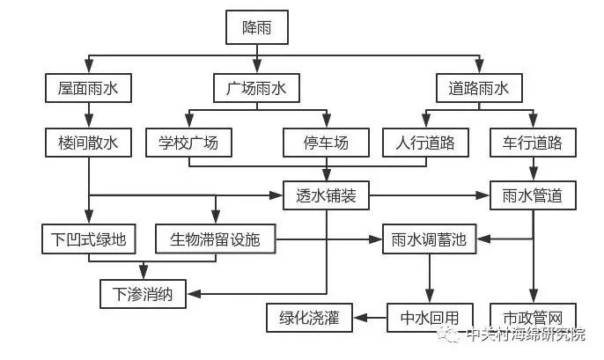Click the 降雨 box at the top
coord(257,28)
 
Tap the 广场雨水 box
coord(257,88)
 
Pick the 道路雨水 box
coord(480,88)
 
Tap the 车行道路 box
coord(533,141)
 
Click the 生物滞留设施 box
coord(215,238)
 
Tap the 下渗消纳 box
coord(143,292)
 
